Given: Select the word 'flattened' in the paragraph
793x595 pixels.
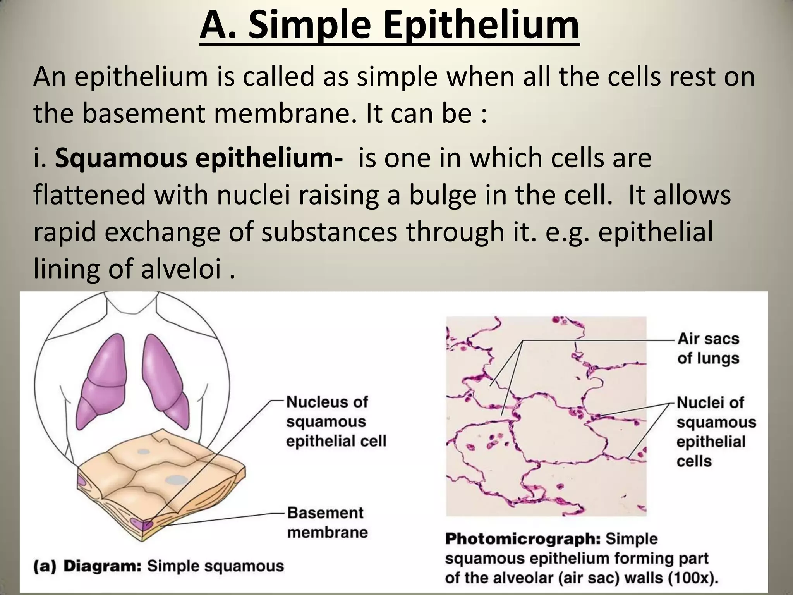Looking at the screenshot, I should coord(89,195).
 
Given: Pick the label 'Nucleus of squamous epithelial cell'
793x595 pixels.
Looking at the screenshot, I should coord(335,421).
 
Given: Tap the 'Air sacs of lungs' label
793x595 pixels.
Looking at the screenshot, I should coord(708,348).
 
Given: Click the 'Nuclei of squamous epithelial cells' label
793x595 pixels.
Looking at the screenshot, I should coord(716,432).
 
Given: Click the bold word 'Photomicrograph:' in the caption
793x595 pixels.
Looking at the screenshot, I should coord(523,539).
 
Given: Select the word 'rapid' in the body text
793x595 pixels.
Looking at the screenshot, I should coord(65,232).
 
